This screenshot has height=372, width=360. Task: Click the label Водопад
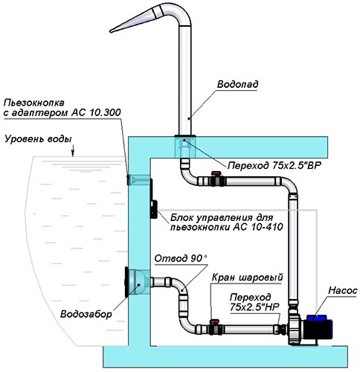[x=237, y=84]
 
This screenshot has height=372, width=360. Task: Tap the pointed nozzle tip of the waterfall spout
[x=111, y=31]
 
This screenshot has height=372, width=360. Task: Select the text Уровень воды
[x=38, y=139]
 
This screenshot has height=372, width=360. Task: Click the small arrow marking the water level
[x=73, y=152]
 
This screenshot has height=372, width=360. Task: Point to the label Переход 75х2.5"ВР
[x=274, y=165]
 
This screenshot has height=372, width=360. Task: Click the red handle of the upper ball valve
[x=215, y=173]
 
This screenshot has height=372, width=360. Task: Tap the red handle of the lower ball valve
[x=213, y=321]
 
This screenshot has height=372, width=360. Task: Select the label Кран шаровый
[x=248, y=277]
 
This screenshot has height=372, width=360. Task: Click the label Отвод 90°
[x=181, y=258]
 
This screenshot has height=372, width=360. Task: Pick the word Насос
[x=343, y=291]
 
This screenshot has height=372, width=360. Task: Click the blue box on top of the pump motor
[x=317, y=318]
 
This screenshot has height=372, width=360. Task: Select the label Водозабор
[x=86, y=314]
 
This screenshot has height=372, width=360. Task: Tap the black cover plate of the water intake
[x=126, y=282]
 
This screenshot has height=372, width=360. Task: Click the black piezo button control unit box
[x=154, y=209]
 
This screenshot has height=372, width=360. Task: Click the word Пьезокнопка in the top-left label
[x=34, y=103]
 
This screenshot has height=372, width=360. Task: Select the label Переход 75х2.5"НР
[x=254, y=302]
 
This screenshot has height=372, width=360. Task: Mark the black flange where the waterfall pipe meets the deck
[x=185, y=135]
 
